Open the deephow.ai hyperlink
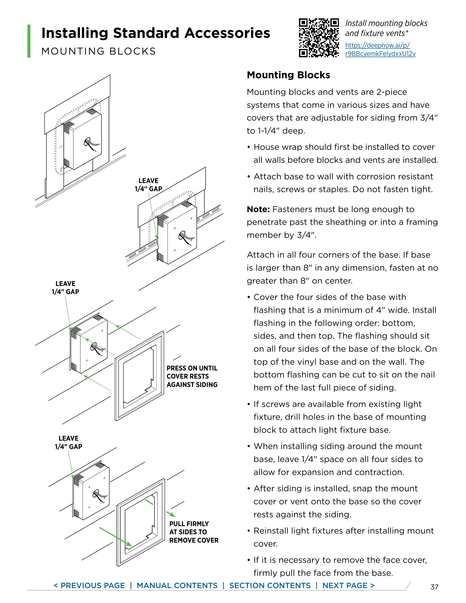coord(380,49)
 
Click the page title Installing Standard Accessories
coord(155,33)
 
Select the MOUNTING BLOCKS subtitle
coord(98,51)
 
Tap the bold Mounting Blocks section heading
coord(288,75)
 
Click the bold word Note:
coord(258,209)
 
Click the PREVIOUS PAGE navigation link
coord(89,585)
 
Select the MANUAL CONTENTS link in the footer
coord(177,585)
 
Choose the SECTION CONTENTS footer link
coord(270,585)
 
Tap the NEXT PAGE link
coord(348,585)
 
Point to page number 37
coord(434,587)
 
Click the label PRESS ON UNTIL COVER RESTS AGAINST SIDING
coord(192,376)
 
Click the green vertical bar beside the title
coord(29,41)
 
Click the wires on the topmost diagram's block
coord(91,144)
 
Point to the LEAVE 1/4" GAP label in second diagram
coord(148,185)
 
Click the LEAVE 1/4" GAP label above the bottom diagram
coord(68,442)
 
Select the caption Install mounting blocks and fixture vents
coord(386,28)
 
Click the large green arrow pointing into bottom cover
coord(115,537)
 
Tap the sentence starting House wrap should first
coord(344,154)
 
